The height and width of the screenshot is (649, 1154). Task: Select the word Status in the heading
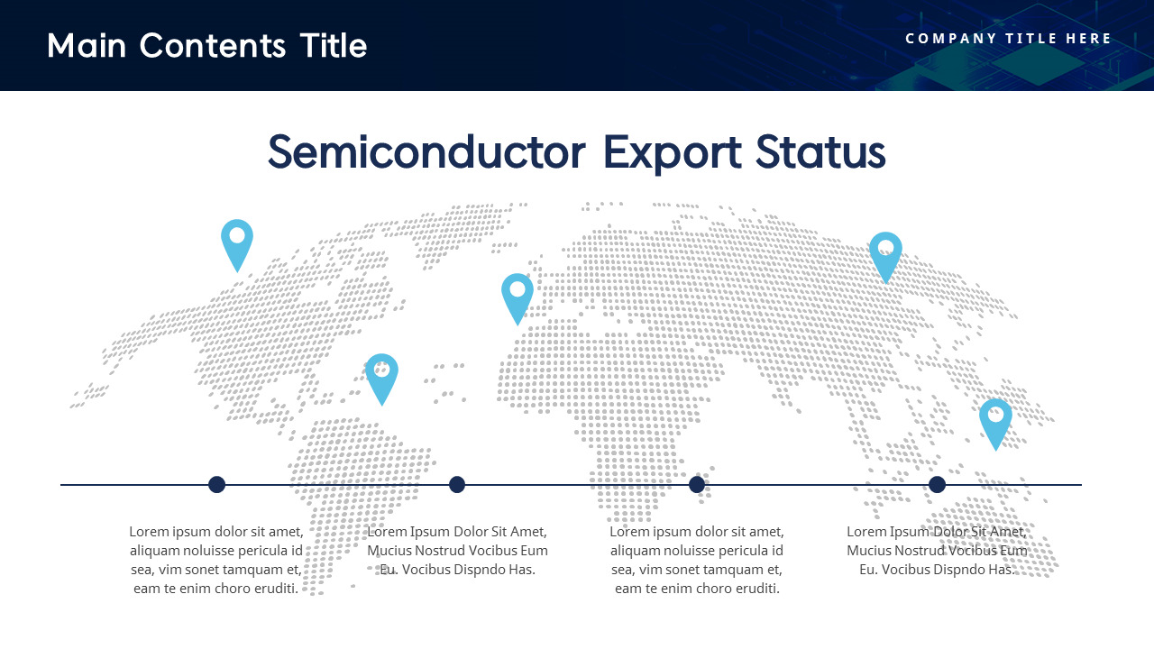820,151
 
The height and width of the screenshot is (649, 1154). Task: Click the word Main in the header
87,45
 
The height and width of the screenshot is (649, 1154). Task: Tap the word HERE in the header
1088,38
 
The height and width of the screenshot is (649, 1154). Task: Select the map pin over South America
381,375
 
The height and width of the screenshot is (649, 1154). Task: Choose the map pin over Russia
885,253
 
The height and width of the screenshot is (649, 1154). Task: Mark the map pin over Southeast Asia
995,420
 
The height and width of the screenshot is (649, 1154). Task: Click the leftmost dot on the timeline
216,485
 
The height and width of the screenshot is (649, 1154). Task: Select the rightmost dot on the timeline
937,485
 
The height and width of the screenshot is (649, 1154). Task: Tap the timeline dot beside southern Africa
697,485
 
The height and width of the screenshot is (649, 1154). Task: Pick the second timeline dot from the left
457,485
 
